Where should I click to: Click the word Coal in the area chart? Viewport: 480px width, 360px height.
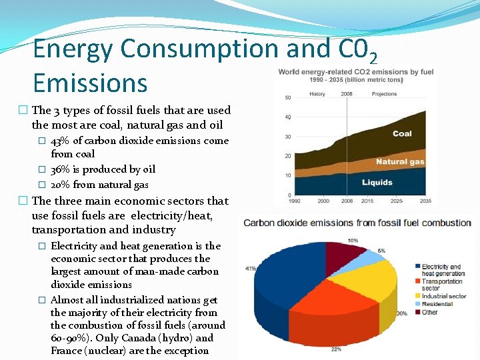402,134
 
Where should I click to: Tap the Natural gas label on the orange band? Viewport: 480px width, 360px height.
400,162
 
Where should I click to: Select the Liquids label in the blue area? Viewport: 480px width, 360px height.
377,182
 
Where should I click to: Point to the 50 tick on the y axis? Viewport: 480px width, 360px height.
288,98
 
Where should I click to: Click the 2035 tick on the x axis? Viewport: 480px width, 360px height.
425,200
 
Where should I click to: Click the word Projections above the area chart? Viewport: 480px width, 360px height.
385,94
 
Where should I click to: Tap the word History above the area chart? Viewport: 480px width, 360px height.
317,94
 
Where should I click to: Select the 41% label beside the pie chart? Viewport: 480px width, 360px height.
251,269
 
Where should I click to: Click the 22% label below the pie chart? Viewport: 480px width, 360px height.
335,349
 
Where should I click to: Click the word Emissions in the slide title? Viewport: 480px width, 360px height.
89,83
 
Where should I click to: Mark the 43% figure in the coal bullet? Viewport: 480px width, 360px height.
60,141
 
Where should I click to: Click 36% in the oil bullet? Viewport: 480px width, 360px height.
59,169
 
